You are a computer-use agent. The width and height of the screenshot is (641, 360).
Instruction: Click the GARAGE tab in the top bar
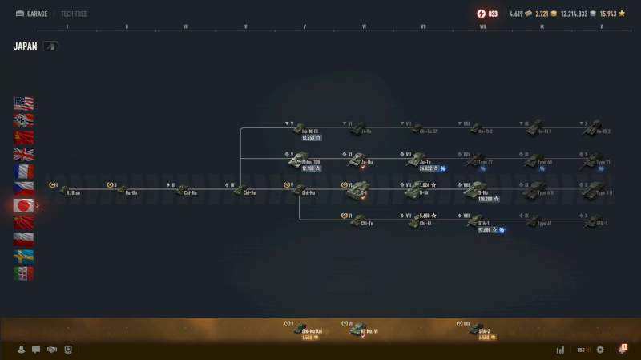tap(31, 14)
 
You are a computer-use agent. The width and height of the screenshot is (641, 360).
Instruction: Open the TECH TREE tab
tap(74, 14)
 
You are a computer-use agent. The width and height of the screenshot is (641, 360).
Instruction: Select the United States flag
tap(23, 103)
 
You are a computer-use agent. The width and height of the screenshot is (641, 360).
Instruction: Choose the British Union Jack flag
tap(23, 154)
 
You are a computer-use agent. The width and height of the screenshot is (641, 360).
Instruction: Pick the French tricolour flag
tap(23, 172)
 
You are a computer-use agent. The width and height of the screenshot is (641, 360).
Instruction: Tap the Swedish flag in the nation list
tap(23, 256)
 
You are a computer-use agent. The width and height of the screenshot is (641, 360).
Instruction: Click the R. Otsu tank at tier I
tap(65, 191)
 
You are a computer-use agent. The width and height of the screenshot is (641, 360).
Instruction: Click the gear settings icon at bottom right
tap(600, 350)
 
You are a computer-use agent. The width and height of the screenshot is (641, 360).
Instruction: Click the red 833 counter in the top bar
tap(486, 14)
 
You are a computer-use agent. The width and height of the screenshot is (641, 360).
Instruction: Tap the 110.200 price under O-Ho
tap(485, 199)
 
